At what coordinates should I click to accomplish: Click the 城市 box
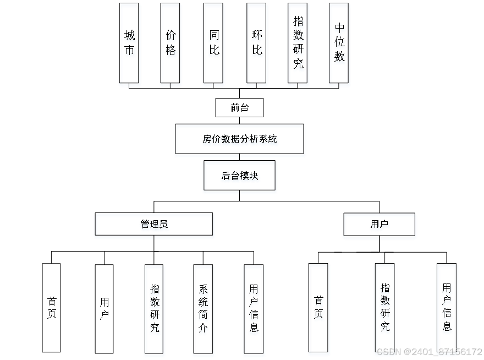click(x=130, y=45)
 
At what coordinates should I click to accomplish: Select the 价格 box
click(x=171, y=45)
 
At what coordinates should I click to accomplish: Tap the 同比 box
click(x=214, y=45)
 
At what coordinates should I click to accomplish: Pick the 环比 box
click(x=257, y=45)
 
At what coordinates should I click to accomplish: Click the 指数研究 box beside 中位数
click(x=298, y=45)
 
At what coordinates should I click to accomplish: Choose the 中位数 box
click(x=340, y=45)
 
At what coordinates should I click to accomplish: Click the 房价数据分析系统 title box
click(x=240, y=140)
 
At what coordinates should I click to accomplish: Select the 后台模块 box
click(x=240, y=177)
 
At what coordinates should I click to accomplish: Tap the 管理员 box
click(x=154, y=226)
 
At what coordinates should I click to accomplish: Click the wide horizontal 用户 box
click(x=380, y=226)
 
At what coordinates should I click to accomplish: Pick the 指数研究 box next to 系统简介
click(x=155, y=310)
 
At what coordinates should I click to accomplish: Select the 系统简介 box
click(x=203, y=310)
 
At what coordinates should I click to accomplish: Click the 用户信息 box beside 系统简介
click(x=254, y=310)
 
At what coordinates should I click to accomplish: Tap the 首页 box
click(x=319, y=309)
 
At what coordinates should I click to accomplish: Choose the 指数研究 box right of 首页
click(x=385, y=309)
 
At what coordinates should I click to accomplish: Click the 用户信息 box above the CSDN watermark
click(x=447, y=308)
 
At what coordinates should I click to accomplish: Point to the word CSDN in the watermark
click(x=388, y=351)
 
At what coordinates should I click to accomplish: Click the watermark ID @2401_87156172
click(x=442, y=351)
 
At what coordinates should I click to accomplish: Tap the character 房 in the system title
click(x=207, y=140)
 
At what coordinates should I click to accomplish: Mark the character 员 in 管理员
click(x=164, y=226)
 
